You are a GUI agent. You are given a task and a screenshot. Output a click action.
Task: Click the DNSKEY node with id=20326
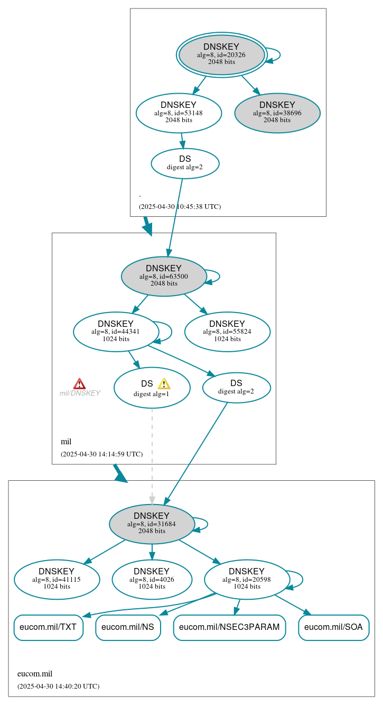point(221,55)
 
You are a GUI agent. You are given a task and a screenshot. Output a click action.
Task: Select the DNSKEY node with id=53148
point(179,113)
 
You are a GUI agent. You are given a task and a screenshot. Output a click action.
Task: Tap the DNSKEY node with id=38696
point(277,113)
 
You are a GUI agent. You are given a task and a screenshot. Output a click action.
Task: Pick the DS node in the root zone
point(185,163)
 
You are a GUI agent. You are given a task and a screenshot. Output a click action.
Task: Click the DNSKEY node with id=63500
point(164,276)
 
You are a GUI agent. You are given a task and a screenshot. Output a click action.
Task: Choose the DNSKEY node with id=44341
point(116,332)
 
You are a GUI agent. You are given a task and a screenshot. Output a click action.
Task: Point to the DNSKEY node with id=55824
point(227,332)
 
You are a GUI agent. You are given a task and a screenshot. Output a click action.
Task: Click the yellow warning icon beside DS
point(164,384)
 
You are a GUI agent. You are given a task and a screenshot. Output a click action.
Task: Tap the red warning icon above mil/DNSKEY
point(79,384)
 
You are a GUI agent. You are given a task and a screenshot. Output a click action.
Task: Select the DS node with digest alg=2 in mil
point(236,387)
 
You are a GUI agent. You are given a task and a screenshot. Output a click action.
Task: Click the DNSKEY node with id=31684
point(152,524)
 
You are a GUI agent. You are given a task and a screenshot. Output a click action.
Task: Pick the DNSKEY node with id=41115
point(57,579)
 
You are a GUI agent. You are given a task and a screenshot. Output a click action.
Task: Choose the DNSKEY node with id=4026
point(152,579)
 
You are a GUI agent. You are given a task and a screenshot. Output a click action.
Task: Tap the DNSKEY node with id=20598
point(247,579)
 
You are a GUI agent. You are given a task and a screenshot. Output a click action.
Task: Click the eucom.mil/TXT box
point(48,627)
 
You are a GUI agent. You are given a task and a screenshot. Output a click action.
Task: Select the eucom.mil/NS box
point(128,627)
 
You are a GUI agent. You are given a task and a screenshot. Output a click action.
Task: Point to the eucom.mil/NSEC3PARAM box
point(229,627)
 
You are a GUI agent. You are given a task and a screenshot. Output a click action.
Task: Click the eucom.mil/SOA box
point(333,627)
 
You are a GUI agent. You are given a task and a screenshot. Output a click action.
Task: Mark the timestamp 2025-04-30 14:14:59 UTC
point(101,454)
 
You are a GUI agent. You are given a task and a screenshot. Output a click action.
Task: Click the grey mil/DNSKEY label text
point(80,393)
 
